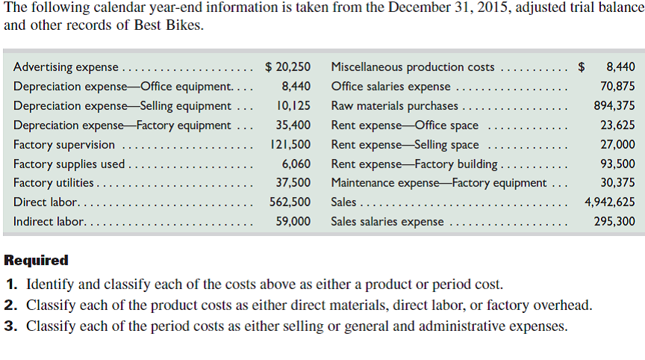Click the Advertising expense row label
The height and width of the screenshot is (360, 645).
66,67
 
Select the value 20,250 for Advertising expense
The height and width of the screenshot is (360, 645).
288,67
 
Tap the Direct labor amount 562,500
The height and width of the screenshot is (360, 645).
290,202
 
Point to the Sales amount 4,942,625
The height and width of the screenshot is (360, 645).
610,202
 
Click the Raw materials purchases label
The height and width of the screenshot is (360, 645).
395,106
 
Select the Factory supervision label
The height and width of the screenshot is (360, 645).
64,145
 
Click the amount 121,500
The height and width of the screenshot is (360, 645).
290,145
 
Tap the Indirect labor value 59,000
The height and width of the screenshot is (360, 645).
293,222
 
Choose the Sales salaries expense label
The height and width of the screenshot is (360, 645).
387,222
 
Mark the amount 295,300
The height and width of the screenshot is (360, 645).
614,222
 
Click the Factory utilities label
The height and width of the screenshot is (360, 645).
54,183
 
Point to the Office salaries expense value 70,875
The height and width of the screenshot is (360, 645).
617,87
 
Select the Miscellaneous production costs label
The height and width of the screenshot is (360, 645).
412,67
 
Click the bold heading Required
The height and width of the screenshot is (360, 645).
36,261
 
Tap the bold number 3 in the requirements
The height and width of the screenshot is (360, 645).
9,326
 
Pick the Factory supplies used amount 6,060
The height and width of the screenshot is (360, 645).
296,164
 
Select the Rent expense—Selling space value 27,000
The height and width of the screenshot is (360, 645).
617,145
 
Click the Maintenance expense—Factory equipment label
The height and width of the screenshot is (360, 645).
438,183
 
